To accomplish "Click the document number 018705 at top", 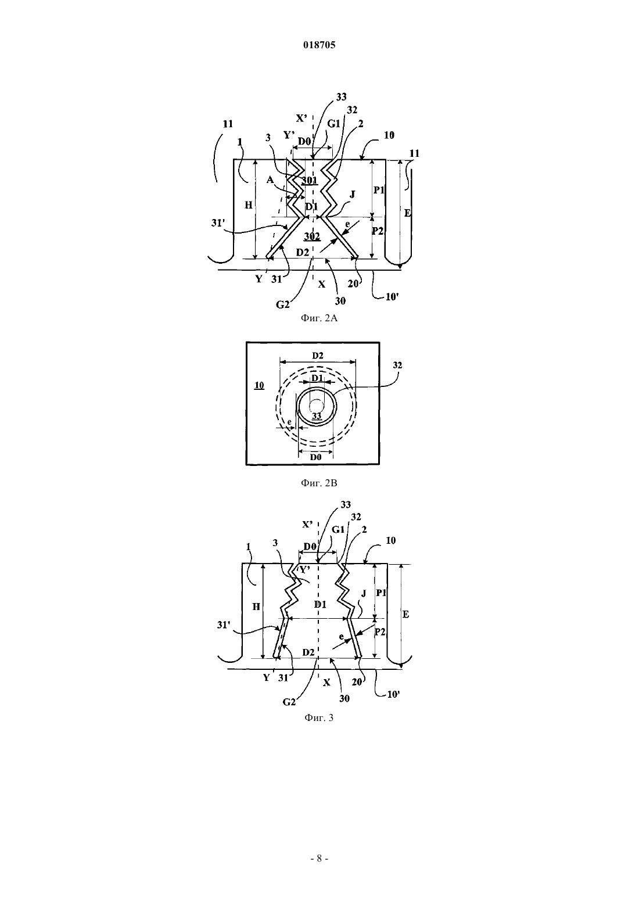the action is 319,45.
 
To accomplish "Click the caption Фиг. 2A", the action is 319,318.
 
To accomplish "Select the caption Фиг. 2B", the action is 319,483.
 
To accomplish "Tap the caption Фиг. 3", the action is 319,718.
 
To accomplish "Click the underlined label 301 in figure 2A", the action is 310,181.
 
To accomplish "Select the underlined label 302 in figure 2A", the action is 312,236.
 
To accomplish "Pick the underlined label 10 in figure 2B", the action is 259,385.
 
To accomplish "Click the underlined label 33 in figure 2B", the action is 317,415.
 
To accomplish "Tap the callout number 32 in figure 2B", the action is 397,365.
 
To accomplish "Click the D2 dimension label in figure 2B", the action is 318,356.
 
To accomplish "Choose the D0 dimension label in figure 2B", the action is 315,457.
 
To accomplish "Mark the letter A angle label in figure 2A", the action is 270,180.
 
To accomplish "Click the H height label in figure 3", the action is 256,606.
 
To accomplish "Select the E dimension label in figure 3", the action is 406,614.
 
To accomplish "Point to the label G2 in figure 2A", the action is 283,304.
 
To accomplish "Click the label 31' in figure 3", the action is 223,625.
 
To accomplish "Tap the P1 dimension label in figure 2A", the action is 378,189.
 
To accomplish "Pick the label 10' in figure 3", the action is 393,695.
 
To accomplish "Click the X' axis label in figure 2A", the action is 301,118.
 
